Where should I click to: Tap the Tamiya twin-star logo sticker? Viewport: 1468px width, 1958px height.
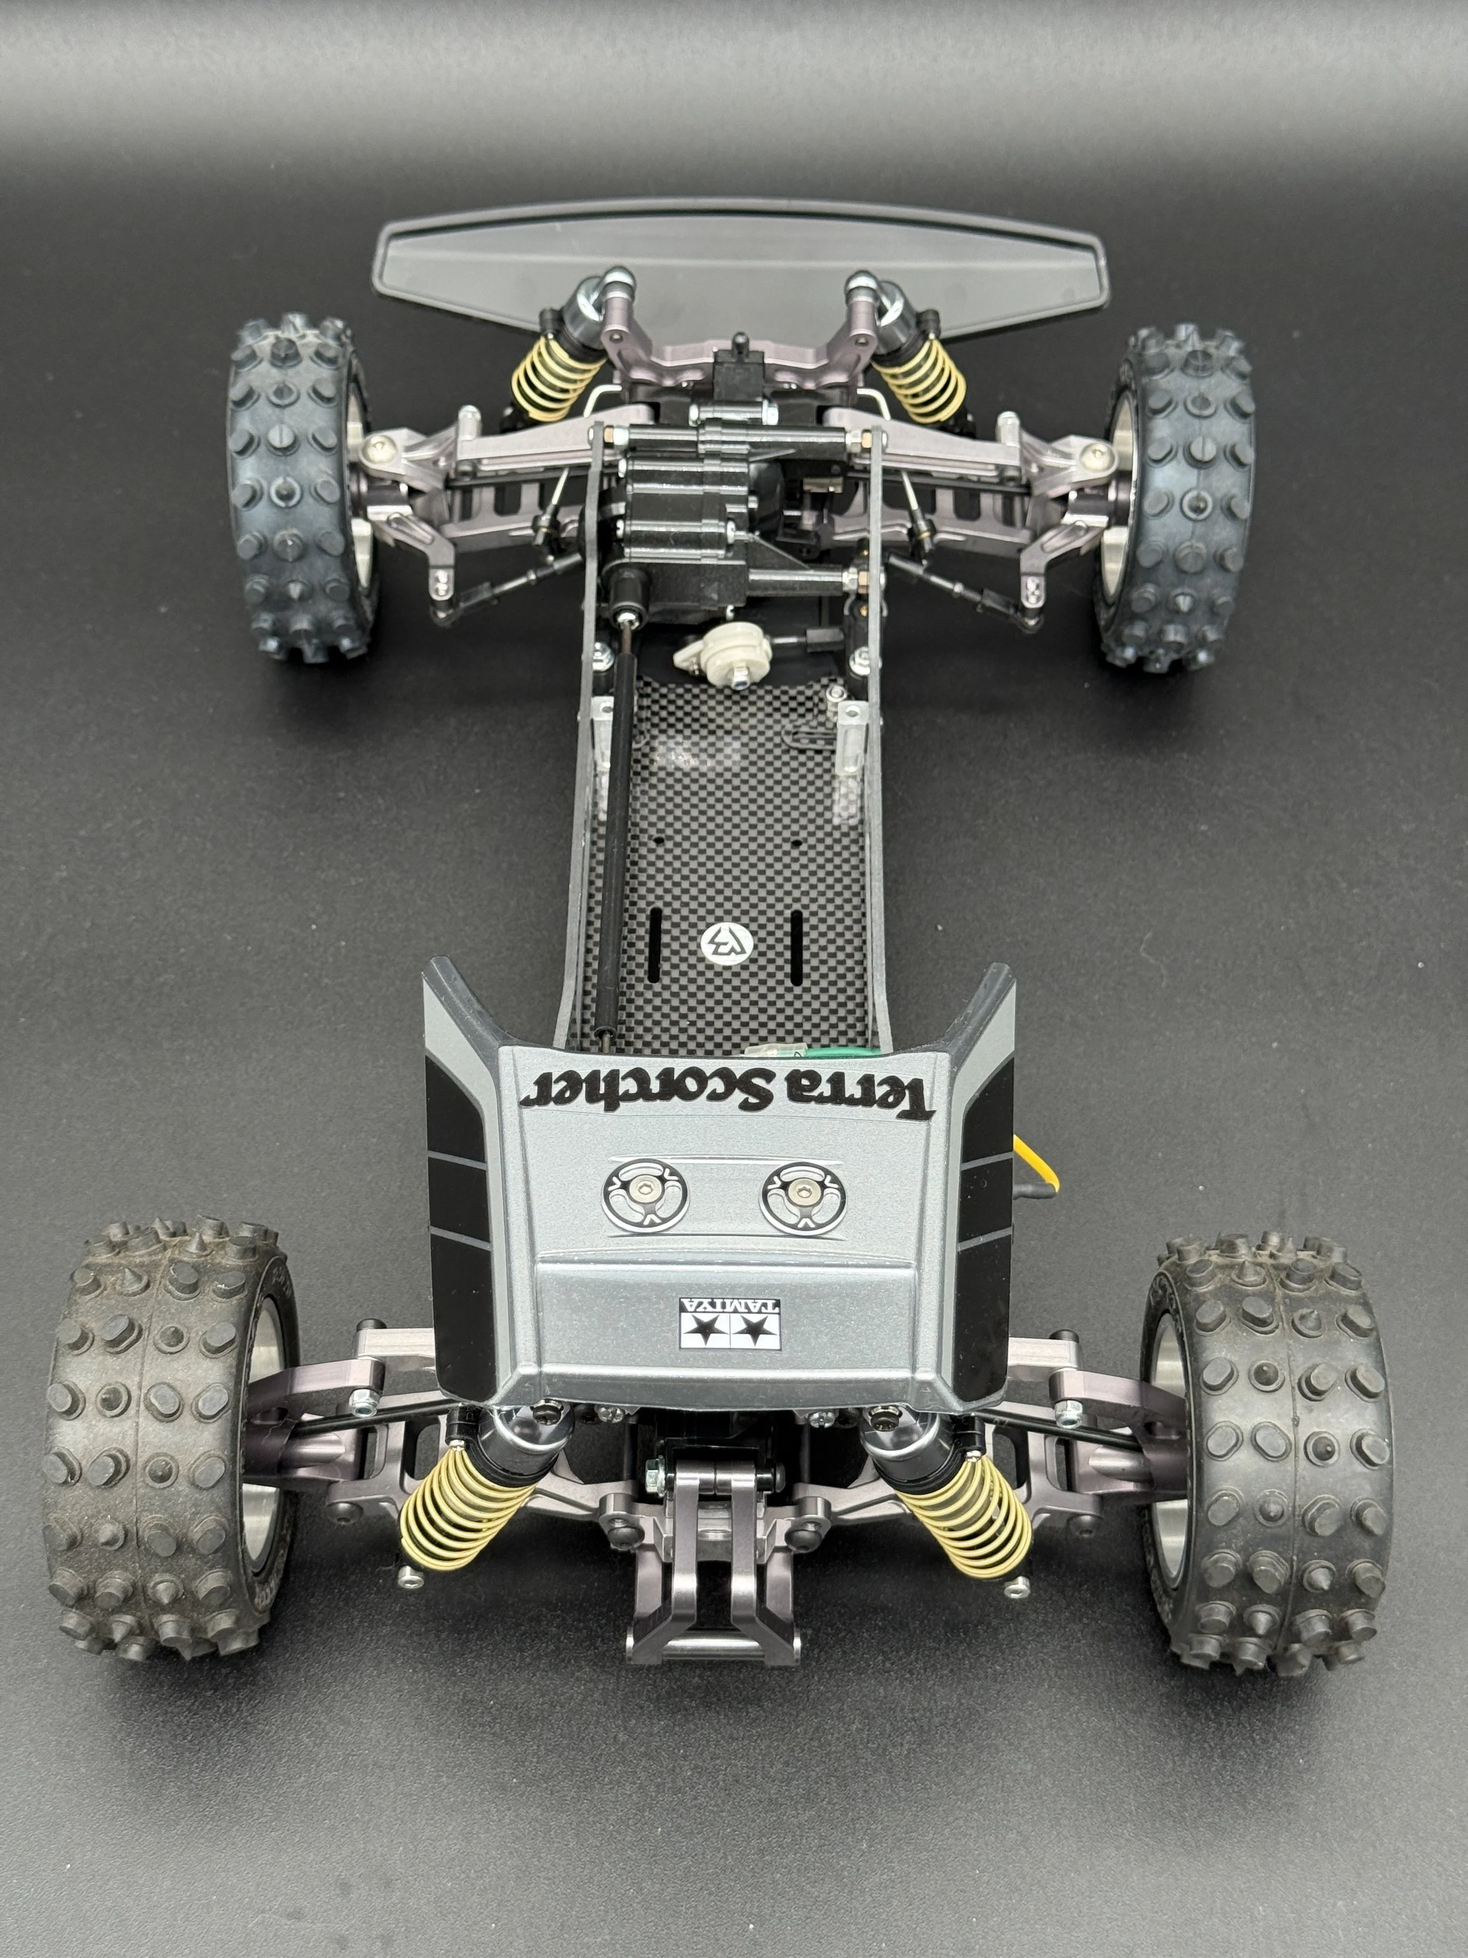(x=730, y=1324)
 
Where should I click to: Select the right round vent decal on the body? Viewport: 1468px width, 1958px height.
(x=803, y=1198)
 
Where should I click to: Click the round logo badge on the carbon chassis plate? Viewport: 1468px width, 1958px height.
(x=726, y=943)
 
